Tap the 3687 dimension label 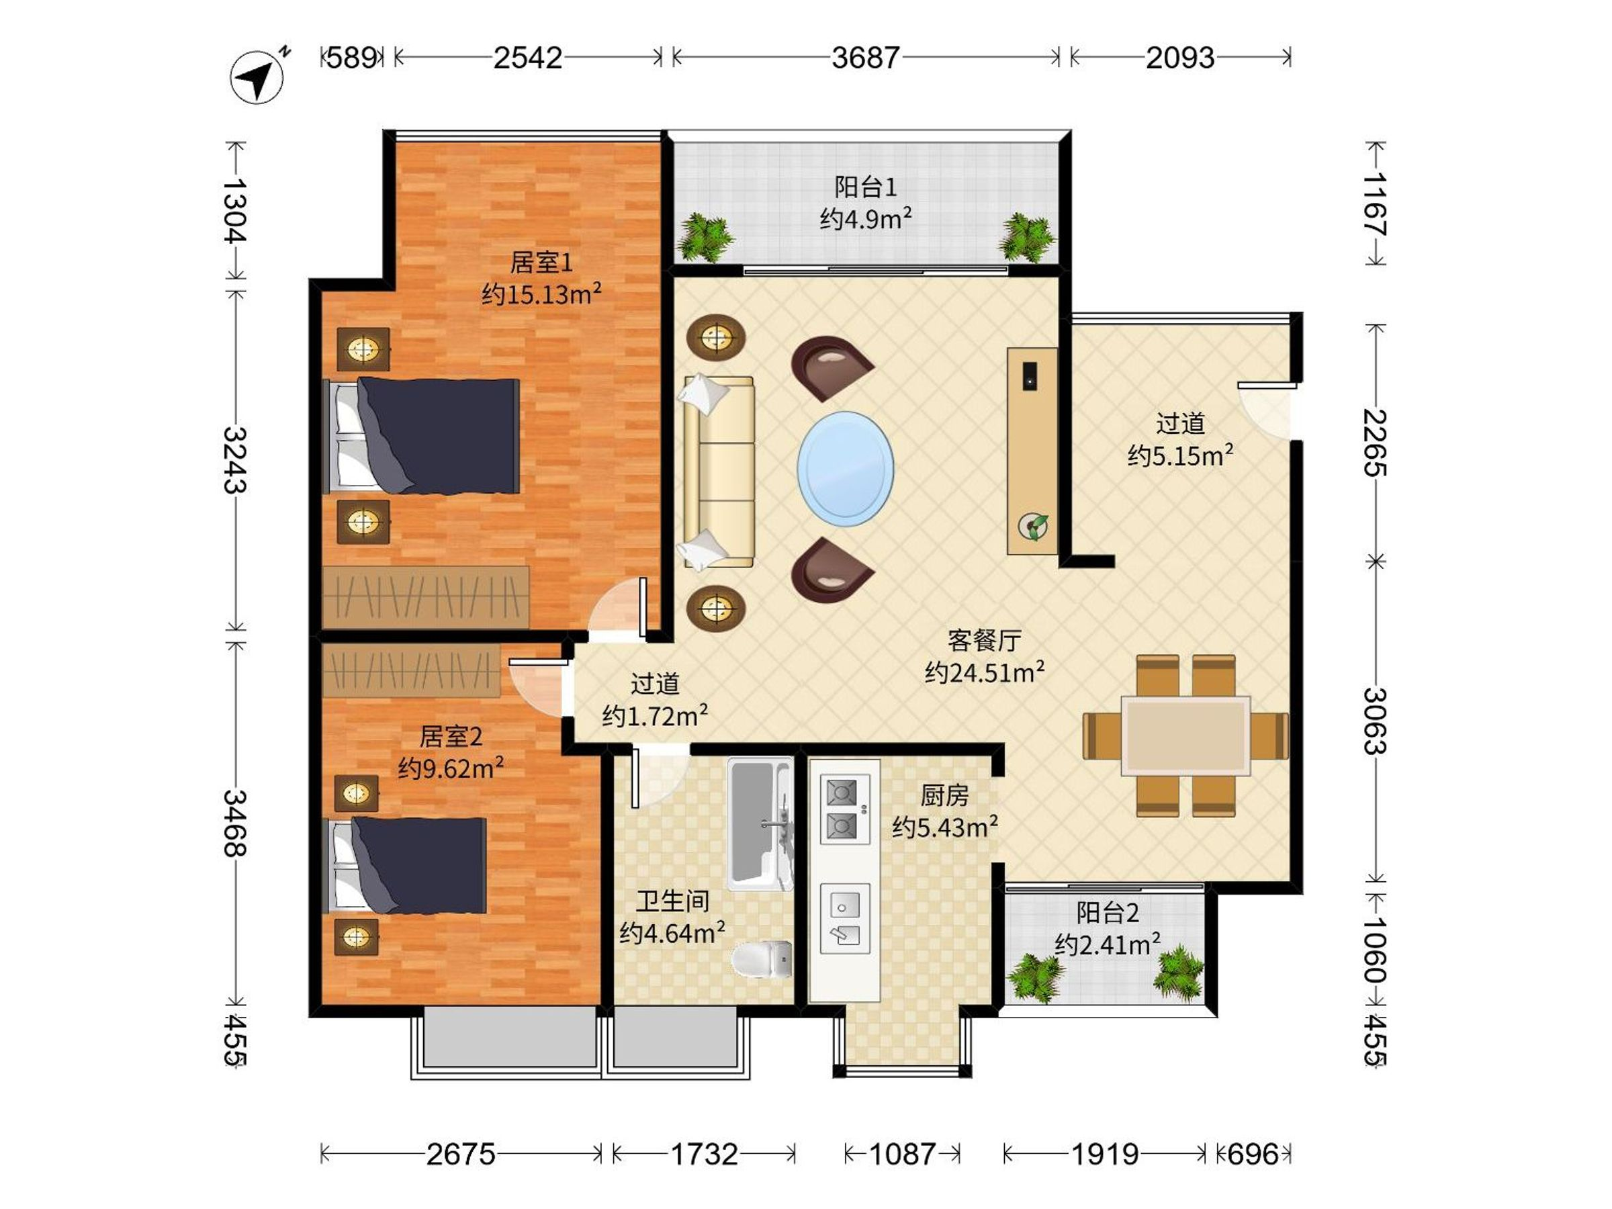866,58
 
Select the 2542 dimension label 528,58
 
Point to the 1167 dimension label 1375,204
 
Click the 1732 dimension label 704,1155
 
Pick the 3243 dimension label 234,460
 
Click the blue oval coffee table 846,469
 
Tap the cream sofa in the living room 717,472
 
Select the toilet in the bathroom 762,958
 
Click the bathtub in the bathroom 760,824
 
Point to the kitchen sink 846,919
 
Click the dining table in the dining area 1185,735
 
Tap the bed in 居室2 405,865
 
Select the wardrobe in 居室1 426,598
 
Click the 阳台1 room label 865,187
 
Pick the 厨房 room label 944,795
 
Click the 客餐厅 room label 985,640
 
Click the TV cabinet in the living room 1032,451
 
